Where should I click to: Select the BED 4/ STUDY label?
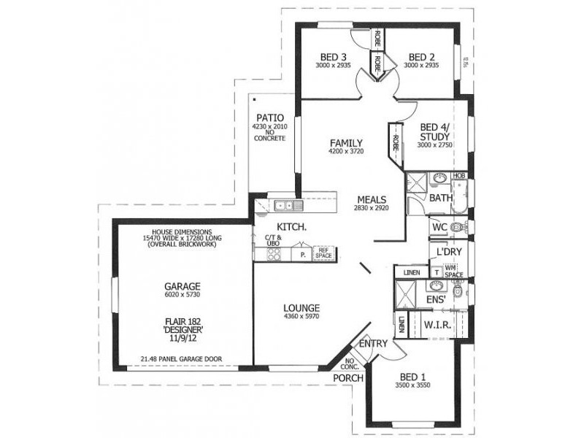point(435,134)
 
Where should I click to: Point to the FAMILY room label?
point(346,143)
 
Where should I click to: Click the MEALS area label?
point(372,199)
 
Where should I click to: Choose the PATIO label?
point(269,118)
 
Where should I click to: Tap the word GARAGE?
point(182,286)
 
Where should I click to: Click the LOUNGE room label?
point(301,307)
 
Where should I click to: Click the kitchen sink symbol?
point(284,205)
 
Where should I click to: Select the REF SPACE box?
point(323,253)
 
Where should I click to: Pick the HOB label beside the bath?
point(459,176)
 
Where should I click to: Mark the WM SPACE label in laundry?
point(454,272)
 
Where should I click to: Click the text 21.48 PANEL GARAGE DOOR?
point(182,359)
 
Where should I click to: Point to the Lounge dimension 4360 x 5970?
point(301,316)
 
